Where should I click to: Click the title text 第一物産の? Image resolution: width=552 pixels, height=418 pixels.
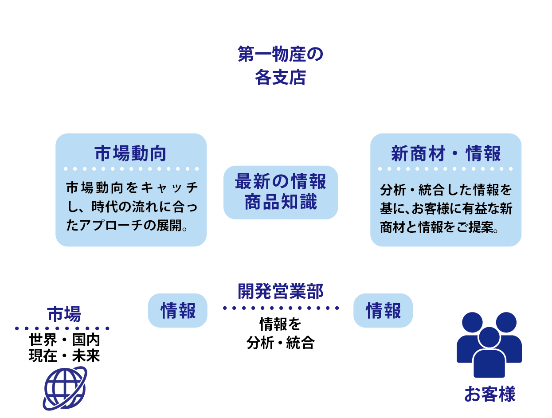[280, 55]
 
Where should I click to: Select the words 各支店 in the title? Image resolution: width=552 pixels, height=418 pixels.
[280, 78]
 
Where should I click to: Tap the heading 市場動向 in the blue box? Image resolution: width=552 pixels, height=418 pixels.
[131, 153]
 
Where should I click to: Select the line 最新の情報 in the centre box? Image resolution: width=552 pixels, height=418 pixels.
[280, 182]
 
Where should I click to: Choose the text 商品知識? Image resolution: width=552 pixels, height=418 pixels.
[280, 202]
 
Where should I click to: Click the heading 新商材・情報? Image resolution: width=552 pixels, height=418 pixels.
[446, 153]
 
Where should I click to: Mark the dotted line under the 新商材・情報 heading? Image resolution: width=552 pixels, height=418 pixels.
[446, 169]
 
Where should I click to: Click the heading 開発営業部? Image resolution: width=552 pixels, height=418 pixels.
[280, 291]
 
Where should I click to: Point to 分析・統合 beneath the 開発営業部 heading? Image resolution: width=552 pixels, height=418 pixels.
[280, 343]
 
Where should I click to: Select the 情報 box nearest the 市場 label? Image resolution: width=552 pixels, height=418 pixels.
[178, 311]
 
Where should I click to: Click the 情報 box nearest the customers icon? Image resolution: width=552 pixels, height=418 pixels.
[383, 311]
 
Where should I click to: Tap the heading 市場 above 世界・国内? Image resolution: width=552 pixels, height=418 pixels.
[64, 314]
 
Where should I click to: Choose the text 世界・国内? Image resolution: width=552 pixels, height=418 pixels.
[64, 340]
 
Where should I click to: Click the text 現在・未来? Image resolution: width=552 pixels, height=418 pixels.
[64, 356]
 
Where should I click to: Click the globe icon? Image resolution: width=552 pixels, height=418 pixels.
[64, 388]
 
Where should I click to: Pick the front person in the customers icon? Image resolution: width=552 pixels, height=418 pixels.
[489, 355]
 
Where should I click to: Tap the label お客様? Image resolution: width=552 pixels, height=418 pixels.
[489, 394]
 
